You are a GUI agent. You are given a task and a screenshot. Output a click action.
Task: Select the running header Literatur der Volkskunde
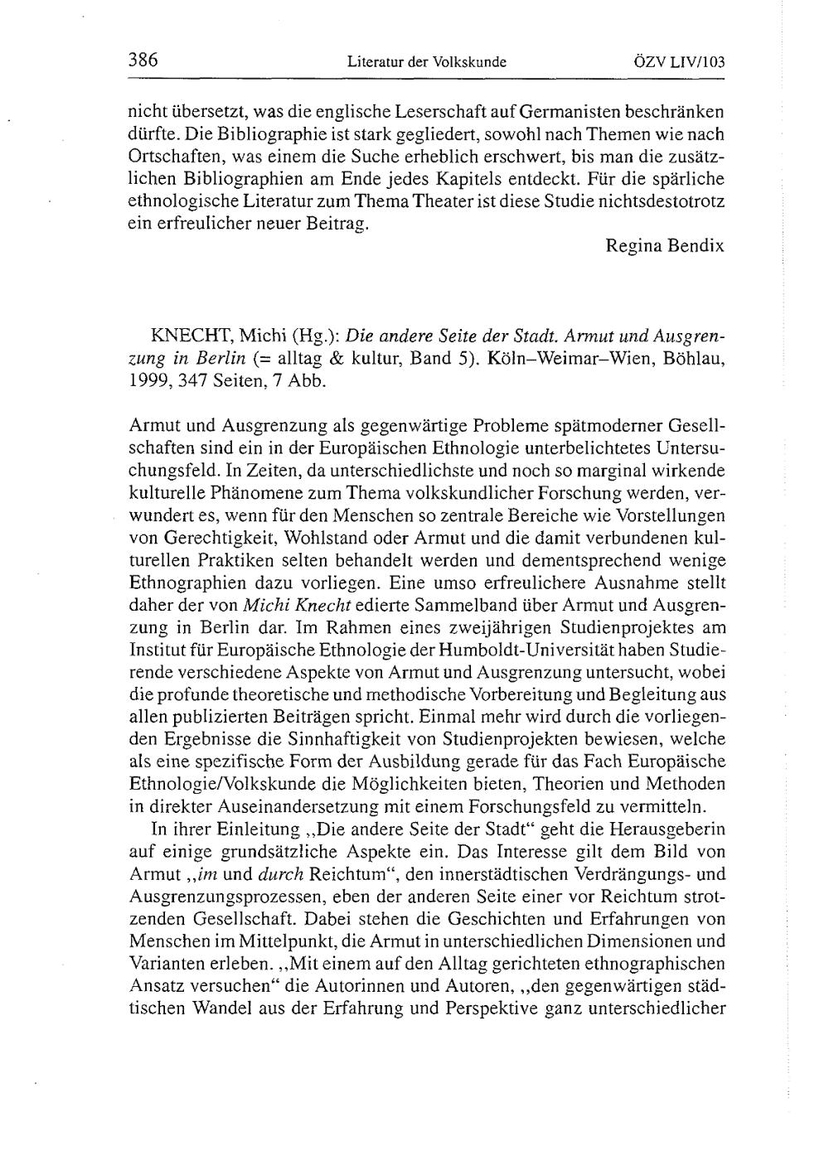click(x=426, y=61)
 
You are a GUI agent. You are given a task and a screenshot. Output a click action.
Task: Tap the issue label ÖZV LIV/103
click(x=679, y=61)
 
